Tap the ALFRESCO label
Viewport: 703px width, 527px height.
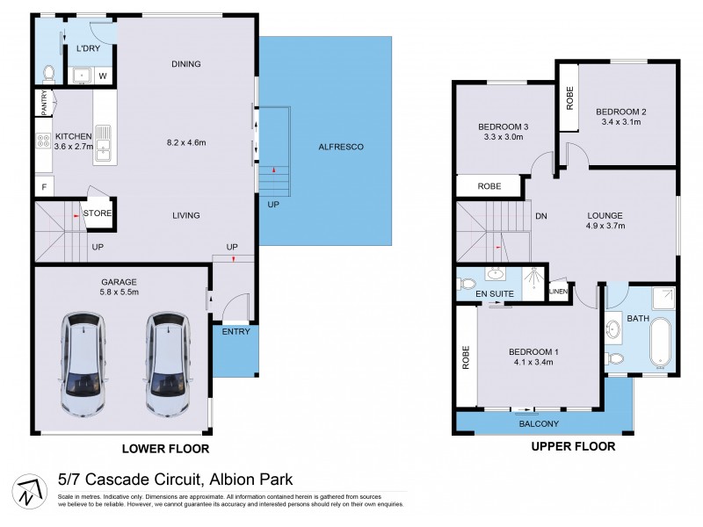click(342, 147)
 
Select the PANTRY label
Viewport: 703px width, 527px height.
click(43, 104)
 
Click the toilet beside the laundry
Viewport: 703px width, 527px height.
click(49, 74)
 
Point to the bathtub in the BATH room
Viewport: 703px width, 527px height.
click(658, 343)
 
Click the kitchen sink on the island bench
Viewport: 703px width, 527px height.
click(104, 143)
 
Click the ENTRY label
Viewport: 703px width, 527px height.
click(236, 331)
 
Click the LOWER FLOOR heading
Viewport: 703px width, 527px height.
click(165, 449)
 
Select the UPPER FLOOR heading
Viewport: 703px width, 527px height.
click(573, 446)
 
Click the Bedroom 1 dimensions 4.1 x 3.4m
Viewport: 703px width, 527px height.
click(534, 362)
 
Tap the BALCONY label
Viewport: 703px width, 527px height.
click(539, 424)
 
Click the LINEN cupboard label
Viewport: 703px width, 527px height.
click(558, 292)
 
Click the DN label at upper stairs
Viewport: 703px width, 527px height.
click(541, 214)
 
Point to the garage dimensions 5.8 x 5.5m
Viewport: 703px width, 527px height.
click(120, 292)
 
